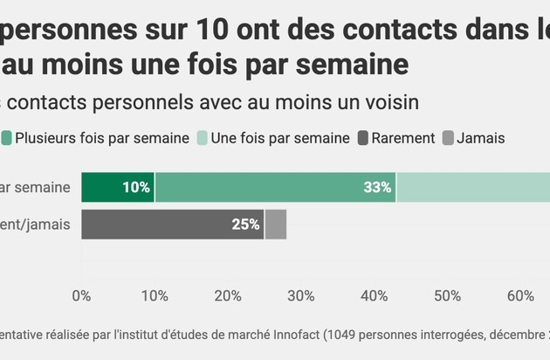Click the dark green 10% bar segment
tap(118, 188)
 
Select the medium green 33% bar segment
tap(275, 188)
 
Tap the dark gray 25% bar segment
tap(172, 225)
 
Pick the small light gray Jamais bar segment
tap(275, 225)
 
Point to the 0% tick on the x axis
tap(81, 296)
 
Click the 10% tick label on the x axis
tap(155, 296)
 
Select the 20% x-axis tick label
tap(228, 296)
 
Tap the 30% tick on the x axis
tap(301, 296)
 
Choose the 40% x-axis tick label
tap(375, 296)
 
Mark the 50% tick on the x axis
tap(448, 296)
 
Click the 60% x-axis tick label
tap(521, 296)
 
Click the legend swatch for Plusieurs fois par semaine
tap(6, 137)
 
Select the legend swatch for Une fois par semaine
tap(201, 137)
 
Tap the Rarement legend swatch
tap(361, 137)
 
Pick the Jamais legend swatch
tap(448, 137)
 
